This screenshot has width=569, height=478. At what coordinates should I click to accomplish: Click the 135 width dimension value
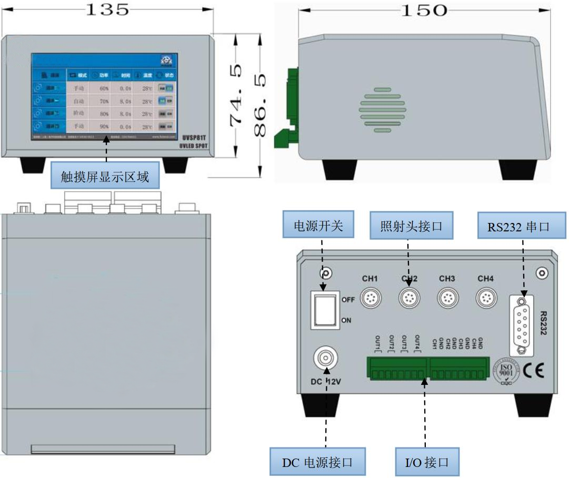(x=106, y=9)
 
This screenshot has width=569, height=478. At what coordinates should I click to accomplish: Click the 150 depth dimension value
(x=424, y=10)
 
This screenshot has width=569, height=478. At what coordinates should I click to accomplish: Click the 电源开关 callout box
(x=318, y=226)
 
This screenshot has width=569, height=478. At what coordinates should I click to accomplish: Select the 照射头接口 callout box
(x=411, y=226)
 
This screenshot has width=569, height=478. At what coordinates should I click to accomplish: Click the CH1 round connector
(x=371, y=299)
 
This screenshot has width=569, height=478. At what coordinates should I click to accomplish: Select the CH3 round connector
(x=447, y=299)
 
